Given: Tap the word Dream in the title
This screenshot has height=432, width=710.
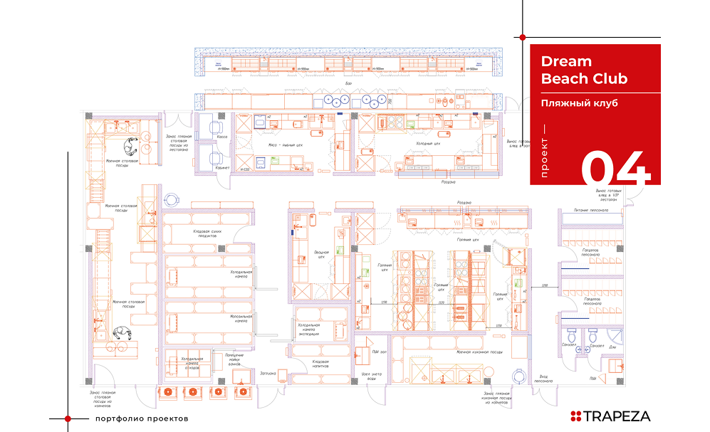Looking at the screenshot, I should (566, 62).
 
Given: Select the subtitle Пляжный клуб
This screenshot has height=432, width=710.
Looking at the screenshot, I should (578, 103).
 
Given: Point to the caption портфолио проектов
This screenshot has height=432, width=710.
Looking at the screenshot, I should (142, 418).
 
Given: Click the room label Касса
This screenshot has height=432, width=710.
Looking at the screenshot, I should (222, 137).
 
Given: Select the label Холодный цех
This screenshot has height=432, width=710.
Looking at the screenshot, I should (428, 143).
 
